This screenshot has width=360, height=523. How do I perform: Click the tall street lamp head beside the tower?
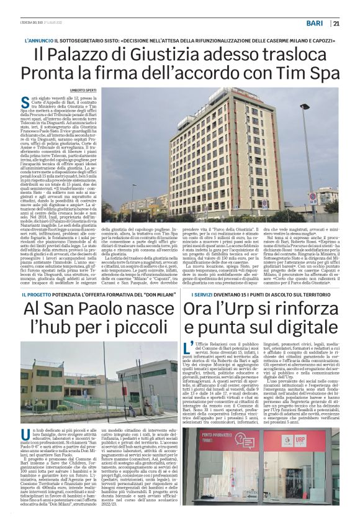(x=305, y=107)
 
